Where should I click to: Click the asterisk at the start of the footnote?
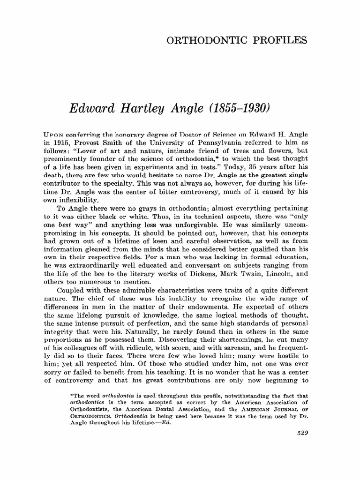(x=69, y=395)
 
